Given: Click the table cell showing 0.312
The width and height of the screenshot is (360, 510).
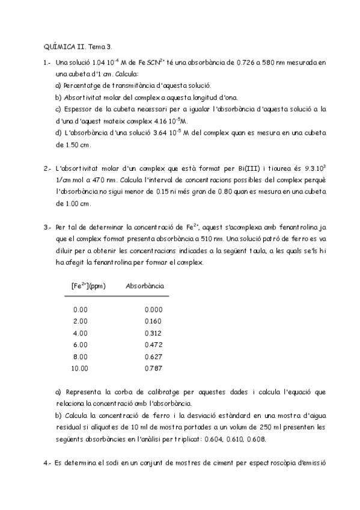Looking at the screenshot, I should [153, 333].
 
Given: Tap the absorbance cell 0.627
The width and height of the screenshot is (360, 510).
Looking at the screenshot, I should [153, 356].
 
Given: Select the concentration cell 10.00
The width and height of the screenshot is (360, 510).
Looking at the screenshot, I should [79, 367].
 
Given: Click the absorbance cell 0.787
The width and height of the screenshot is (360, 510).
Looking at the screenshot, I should [153, 367].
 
